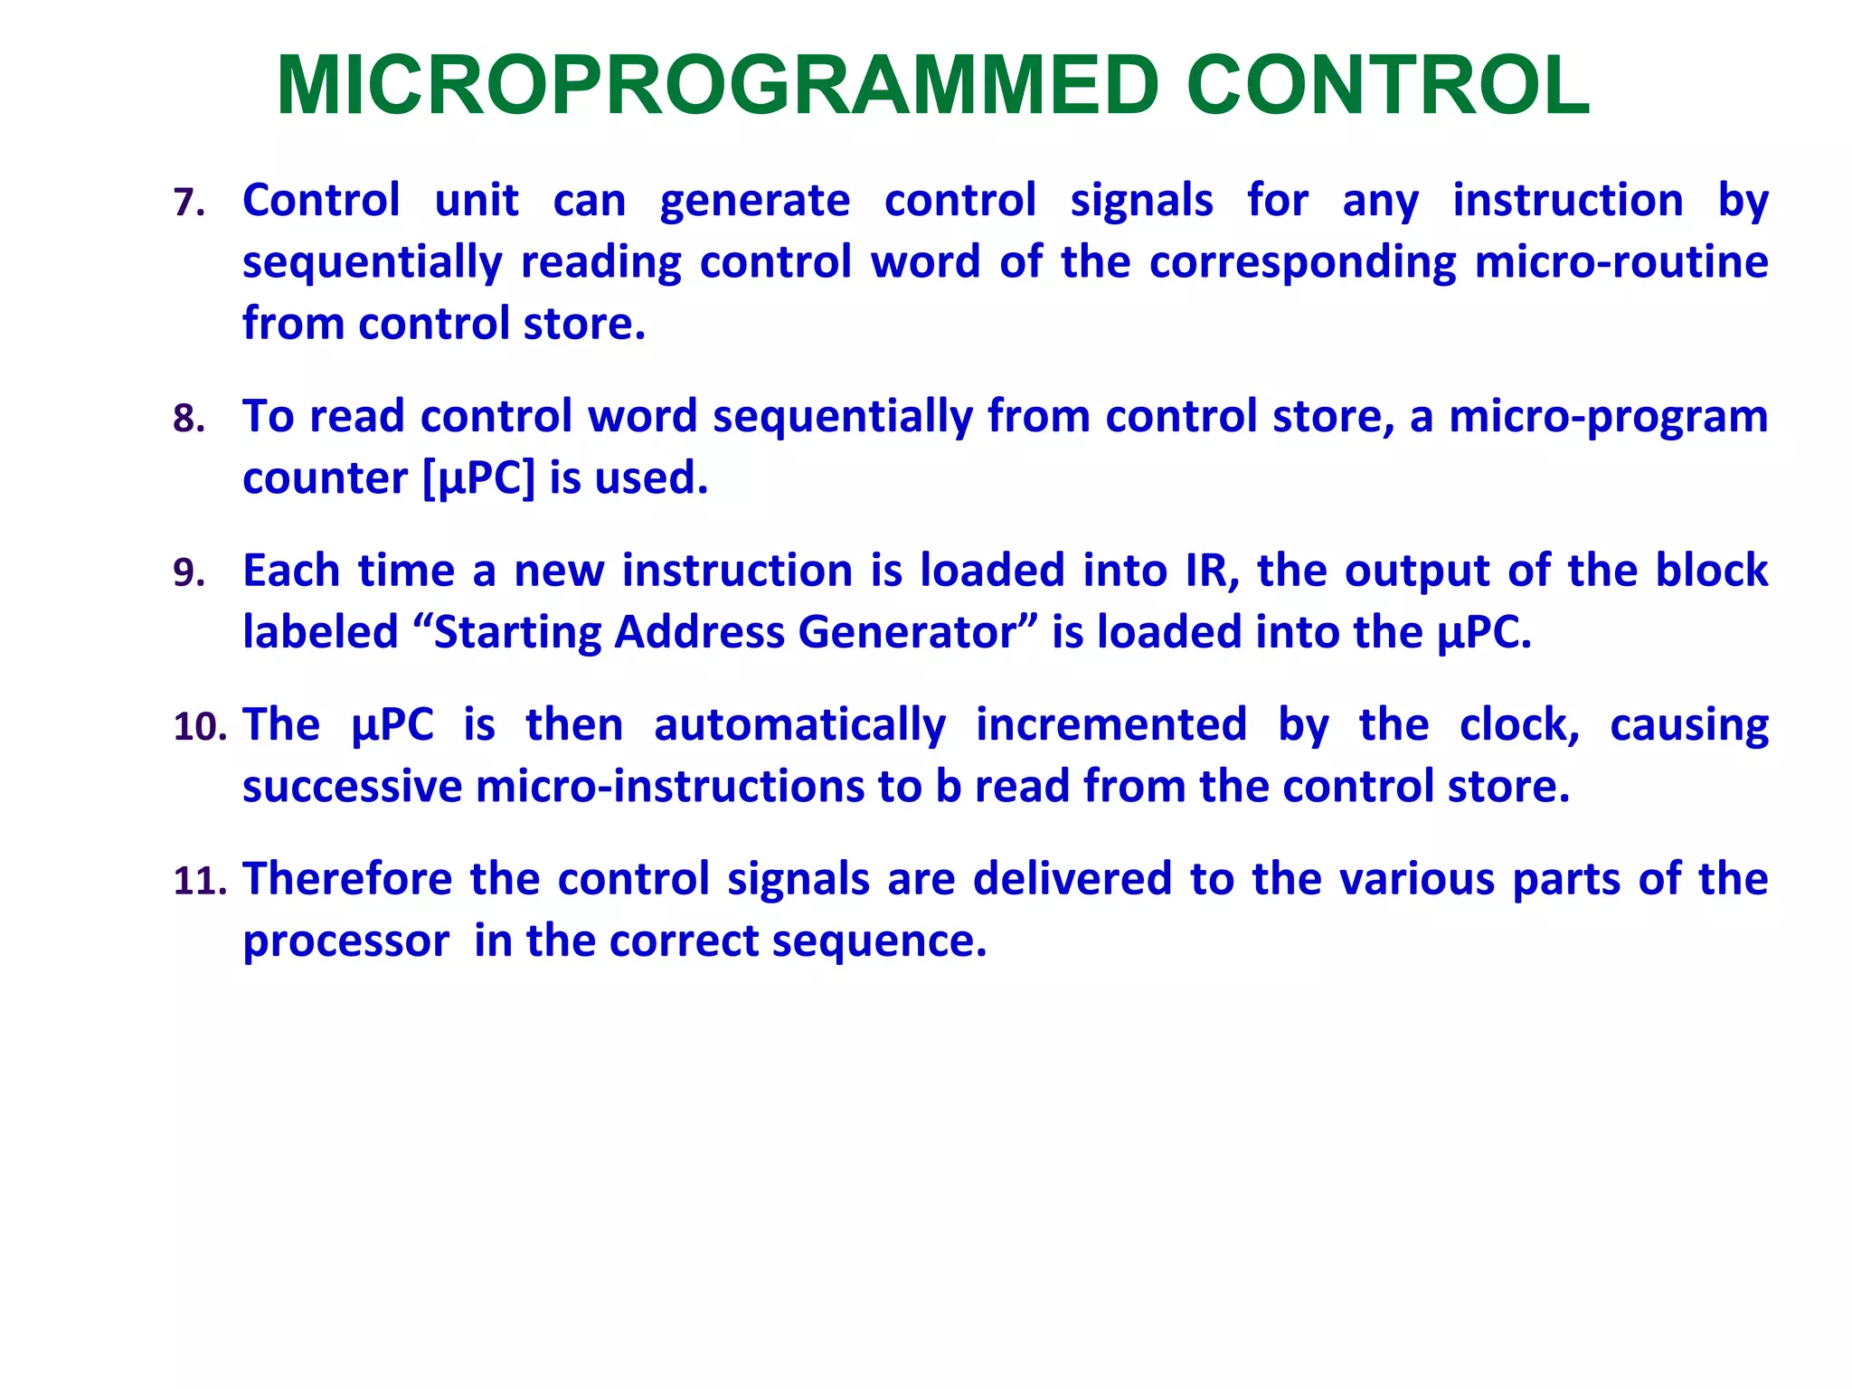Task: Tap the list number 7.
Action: [188, 203]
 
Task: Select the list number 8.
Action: [188, 419]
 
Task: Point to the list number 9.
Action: [188, 573]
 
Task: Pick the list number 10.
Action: [199, 727]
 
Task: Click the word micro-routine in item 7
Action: [1620, 262]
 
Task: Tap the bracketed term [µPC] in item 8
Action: [479, 478]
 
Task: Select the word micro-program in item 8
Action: [1608, 417]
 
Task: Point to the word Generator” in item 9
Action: [916, 632]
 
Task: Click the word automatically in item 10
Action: [799, 725]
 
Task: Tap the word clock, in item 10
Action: [1519, 725]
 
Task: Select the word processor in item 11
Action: [345, 942]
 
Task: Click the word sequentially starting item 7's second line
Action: [372, 262]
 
